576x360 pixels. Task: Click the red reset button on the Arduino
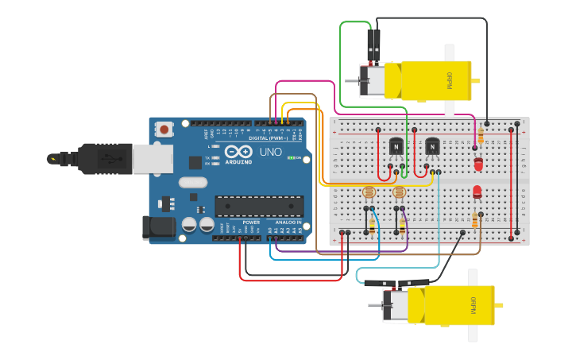click(164, 129)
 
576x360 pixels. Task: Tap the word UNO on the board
click(271, 151)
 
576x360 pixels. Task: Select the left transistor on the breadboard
click(396, 147)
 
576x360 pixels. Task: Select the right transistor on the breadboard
click(431, 147)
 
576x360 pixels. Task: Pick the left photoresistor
click(368, 192)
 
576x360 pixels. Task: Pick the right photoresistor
click(399, 192)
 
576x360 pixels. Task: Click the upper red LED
click(477, 164)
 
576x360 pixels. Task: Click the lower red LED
click(477, 192)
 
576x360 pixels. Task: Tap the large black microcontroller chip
click(259, 206)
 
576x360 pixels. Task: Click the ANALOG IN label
click(288, 223)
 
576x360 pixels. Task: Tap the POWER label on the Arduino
click(251, 223)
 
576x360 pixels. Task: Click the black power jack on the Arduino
click(157, 227)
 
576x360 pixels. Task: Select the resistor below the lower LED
click(475, 220)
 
